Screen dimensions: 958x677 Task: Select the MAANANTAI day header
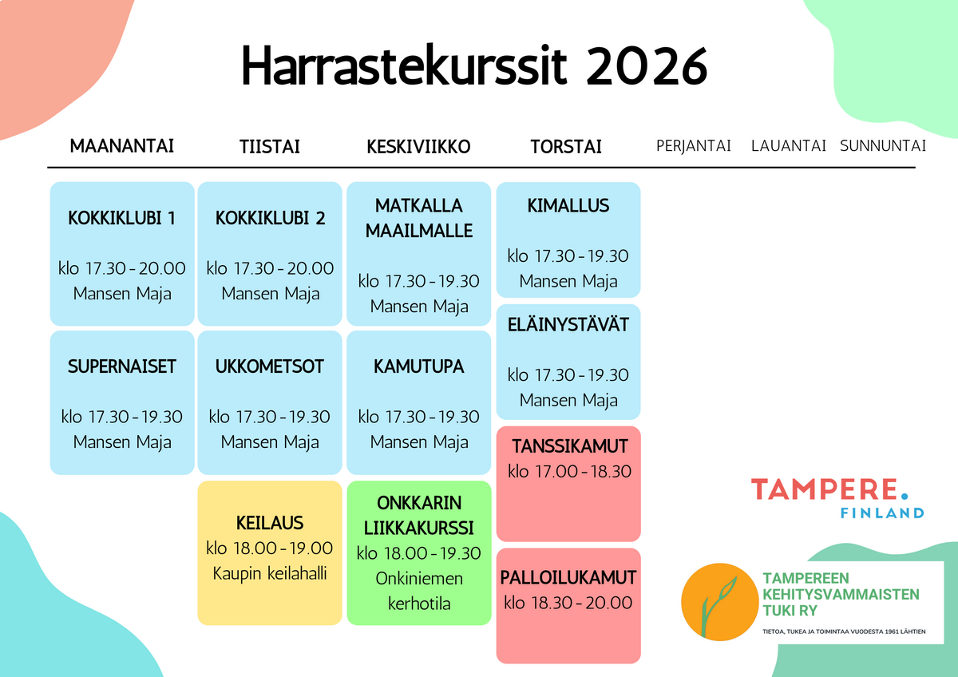click(122, 146)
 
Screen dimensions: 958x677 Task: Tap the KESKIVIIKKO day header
click(418, 147)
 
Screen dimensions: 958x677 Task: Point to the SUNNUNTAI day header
click(883, 146)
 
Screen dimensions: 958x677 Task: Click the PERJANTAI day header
click(693, 146)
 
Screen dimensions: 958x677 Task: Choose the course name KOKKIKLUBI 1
click(122, 218)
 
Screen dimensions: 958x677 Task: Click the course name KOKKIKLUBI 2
click(270, 218)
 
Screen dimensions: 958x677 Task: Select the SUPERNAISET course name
click(122, 366)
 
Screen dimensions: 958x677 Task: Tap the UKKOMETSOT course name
click(270, 366)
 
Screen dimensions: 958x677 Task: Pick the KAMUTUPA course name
click(418, 366)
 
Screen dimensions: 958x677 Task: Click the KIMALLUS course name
click(568, 206)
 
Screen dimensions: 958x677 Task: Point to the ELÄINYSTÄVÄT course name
click(568, 325)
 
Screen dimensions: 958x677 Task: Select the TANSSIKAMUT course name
click(570, 446)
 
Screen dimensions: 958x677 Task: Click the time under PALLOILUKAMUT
click(568, 603)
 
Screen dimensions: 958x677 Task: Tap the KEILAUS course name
click(270, 523)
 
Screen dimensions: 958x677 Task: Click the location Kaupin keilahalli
click(270, 573)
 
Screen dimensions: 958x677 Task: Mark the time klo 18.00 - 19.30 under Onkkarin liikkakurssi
click(418, 553)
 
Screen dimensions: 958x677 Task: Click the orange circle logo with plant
click(720, 602)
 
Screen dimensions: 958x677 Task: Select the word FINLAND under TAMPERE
click(882, 513)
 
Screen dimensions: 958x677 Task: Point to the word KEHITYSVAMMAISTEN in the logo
click(841, 595)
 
